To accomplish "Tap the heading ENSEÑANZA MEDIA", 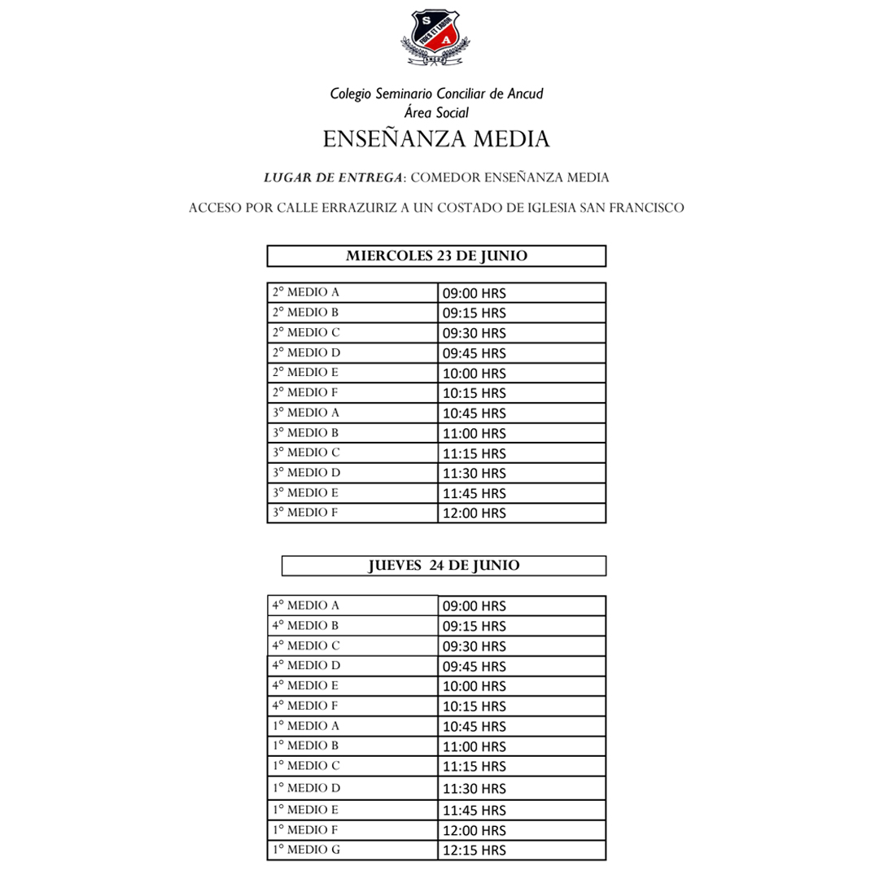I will (x=436, y=139).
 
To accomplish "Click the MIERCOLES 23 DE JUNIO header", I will (x=436, y=256).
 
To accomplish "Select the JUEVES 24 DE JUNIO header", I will (x=444, y=565).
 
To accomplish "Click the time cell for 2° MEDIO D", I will (x=473, y=353).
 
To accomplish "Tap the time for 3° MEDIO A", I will (x=473, y=413).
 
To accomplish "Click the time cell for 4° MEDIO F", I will (x=473, y=706).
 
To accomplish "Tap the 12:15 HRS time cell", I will (x=473, y=851).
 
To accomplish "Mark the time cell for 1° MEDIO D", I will (x=473, y=789).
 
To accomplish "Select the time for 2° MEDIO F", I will (x=473, y=393).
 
